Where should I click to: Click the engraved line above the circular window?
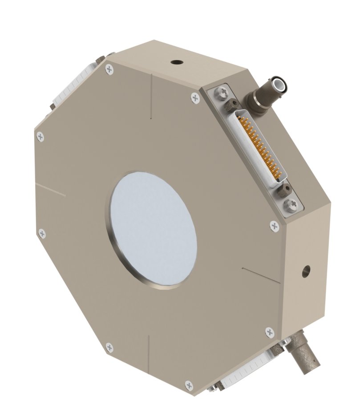tap(151, 96)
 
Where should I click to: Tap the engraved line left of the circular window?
tap(50, 189)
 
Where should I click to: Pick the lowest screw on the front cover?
tap(189, 384)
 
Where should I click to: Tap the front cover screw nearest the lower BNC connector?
tap(269, 332)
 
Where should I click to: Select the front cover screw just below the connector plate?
tap(274, 226)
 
